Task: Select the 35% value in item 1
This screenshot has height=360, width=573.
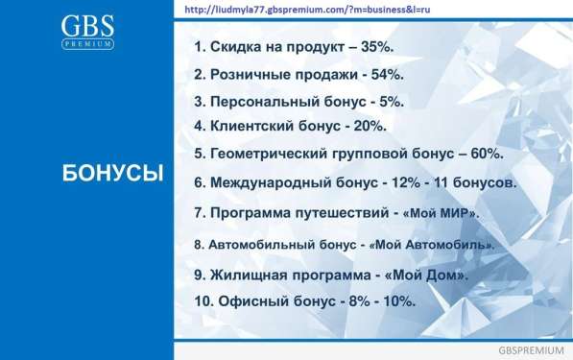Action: point(383,47)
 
